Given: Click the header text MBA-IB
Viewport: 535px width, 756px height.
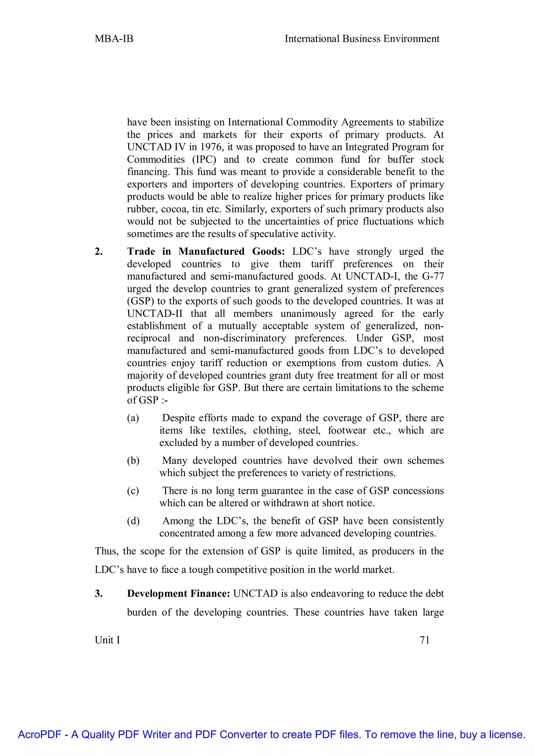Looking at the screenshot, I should click(x=114, y=39).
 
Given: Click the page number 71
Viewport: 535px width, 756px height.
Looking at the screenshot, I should click(x=425, y=640).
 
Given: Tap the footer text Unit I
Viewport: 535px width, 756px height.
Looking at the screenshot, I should click(x=107, y=640).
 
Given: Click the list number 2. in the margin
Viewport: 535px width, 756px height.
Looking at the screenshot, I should click(x=98, y=252).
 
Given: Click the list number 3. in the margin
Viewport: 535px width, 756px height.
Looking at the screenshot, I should click(x=98, y=594).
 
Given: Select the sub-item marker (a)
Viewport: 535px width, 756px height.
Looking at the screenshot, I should click(x=133, y=418).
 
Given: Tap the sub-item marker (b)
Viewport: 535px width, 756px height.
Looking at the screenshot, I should click(x=133, y=461).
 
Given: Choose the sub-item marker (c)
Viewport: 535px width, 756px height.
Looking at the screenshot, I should click(x=133, y=491).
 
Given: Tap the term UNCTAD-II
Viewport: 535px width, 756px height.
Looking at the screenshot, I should click(x=154, y=314).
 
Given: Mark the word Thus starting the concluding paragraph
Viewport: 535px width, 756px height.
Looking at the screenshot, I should click(x=104, y=551).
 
